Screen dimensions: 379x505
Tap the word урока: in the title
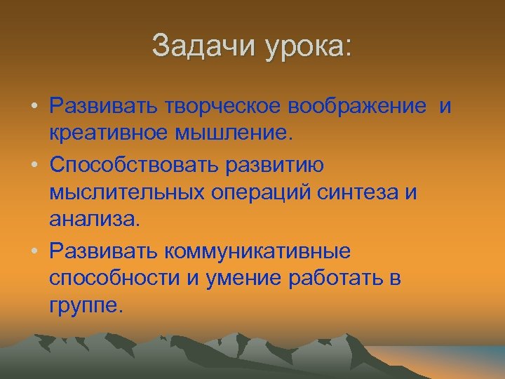[x=309, y=47]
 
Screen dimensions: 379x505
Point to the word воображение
[x=356, y=107]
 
